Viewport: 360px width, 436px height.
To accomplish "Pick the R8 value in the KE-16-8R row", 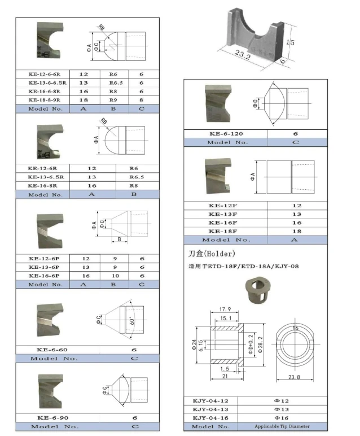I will pos(134,185).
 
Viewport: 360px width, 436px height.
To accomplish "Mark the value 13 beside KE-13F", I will pos(296,215).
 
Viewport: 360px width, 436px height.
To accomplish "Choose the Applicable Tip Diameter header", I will pos(282,426).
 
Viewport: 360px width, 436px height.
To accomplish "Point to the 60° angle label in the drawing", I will pos(131,321).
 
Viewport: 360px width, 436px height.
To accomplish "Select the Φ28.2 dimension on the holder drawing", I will pos(259,342).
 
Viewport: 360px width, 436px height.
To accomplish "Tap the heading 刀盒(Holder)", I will pos(212,254).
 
